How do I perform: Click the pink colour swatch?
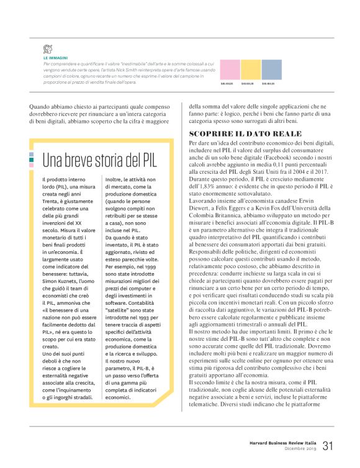(230, 66)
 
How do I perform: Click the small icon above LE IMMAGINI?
(47, 49)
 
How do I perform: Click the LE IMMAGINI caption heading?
(55, 58)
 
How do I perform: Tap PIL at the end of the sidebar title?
(146, 160)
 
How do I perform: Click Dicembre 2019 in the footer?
(300, 448)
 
